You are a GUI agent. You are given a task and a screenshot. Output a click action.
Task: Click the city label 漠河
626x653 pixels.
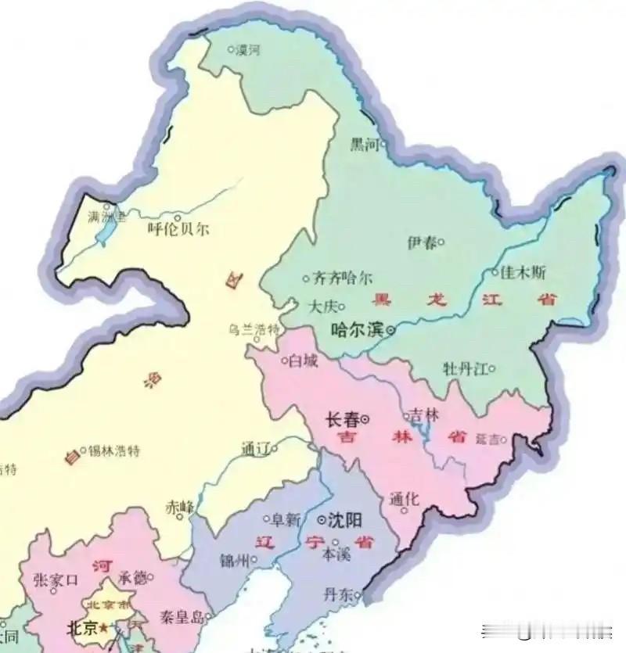(x=248, y=49)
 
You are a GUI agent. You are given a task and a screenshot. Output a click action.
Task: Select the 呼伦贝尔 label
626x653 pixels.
(x=178, y=230)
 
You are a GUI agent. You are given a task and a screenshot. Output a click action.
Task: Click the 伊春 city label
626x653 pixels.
(x=421, y=242)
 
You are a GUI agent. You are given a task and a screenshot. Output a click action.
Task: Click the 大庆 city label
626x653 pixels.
(x=325, y=304)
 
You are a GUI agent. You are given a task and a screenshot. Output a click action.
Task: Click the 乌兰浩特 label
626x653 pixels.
(x=254, y=329)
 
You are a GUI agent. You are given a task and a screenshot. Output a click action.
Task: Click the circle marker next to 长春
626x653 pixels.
(x=365, y=420)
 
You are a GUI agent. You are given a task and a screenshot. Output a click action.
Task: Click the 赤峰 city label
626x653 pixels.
(x=179, y=507)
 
